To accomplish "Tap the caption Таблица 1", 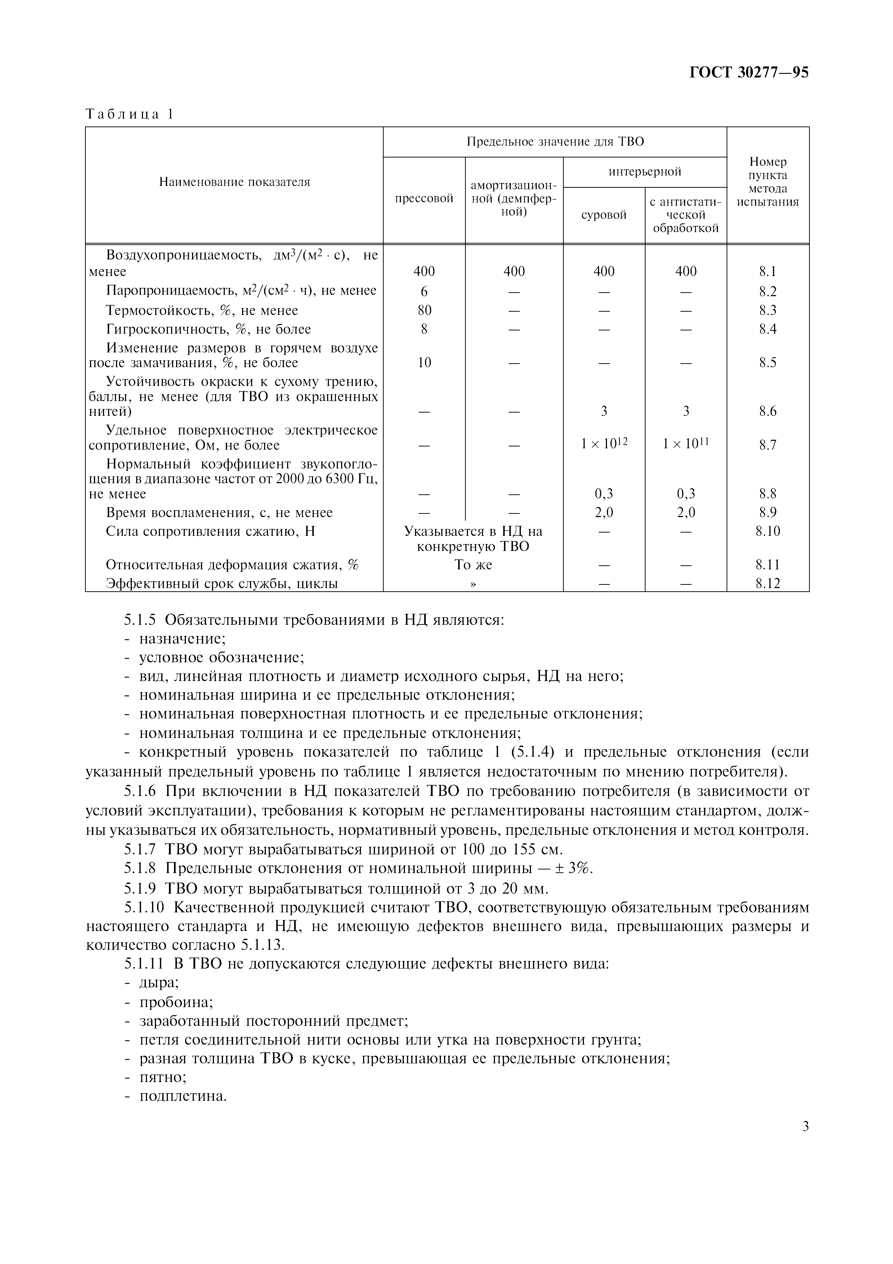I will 129,115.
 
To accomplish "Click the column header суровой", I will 604,215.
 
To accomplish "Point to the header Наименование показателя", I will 235,182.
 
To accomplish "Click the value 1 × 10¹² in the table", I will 604,444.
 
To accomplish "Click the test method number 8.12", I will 768,584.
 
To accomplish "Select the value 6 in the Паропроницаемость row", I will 424,291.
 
